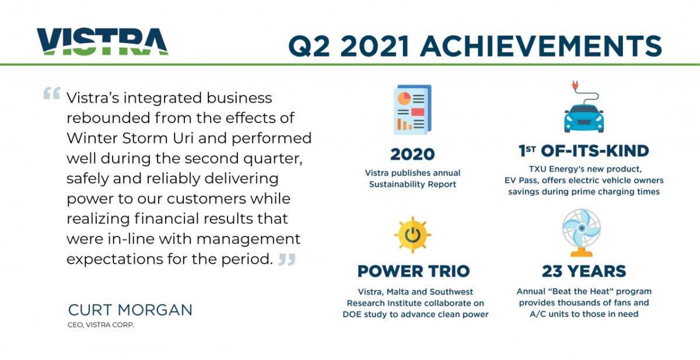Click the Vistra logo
[103, 42]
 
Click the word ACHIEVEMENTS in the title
[541, 46]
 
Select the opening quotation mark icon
[52, 93]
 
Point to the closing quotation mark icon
[287, 260]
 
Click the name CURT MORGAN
[130, 310]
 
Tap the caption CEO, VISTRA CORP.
[100, 325]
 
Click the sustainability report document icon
[412, 110]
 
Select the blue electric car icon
[584, 118]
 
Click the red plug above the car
[575, 85]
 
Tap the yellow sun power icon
[412, 235]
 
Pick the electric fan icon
[581, 232]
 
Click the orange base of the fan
[581, 252]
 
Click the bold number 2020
[412, 154]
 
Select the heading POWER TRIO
[414, 271]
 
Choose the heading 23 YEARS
[584, 271]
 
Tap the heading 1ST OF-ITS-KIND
[584, 151]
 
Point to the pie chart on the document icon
[404, 98]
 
